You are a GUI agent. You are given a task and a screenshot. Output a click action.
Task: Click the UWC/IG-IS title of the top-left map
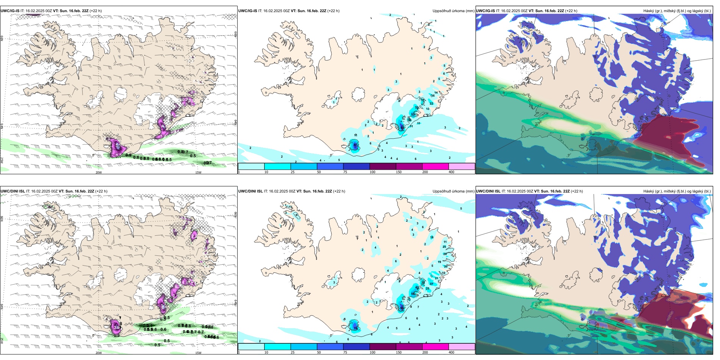coord(10,11)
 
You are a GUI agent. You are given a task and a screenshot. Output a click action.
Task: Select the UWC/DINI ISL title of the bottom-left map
coord(13,191)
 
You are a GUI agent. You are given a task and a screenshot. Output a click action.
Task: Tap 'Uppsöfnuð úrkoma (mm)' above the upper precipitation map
coord(453,11)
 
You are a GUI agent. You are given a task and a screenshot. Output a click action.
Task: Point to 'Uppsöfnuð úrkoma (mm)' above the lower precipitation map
coord(453,191)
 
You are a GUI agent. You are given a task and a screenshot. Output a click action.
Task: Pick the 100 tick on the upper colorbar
coord(372,172)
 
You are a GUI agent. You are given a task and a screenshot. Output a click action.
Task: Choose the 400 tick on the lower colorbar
coord(451,352)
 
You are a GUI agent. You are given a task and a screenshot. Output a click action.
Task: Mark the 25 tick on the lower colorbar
coord(293,352)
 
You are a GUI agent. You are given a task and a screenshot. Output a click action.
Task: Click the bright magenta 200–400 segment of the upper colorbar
coord(435,166)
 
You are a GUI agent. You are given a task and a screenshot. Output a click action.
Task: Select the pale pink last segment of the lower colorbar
coord(462,347)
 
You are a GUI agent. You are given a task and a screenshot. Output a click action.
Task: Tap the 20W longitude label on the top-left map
coord(99,172)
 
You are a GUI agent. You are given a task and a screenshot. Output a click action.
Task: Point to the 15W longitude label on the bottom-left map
coord(198,353)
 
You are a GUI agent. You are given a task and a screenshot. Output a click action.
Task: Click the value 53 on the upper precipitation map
coord(413,114)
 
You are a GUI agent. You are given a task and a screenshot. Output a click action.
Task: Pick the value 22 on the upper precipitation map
coord(431,103)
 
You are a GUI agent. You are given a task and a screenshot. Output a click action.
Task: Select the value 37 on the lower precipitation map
coord(431,284)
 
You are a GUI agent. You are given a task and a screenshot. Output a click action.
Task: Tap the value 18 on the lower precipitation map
coord(432,238)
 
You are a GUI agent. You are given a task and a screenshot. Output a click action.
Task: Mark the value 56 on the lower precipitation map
coord(413,294)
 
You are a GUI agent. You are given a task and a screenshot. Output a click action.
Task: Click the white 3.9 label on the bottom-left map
coord(117,327)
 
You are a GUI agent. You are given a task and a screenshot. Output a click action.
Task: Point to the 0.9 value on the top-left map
coord(128,155)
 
